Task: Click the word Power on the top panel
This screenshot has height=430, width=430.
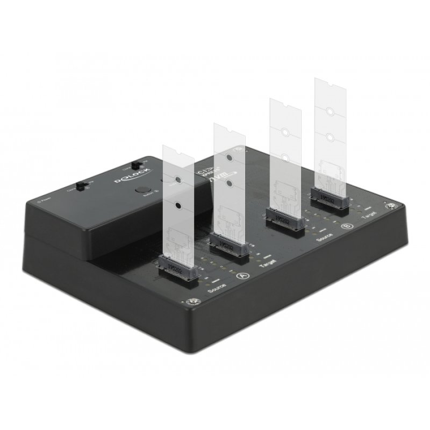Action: (45, 200)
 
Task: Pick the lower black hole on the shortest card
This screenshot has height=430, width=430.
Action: (177, 205)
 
